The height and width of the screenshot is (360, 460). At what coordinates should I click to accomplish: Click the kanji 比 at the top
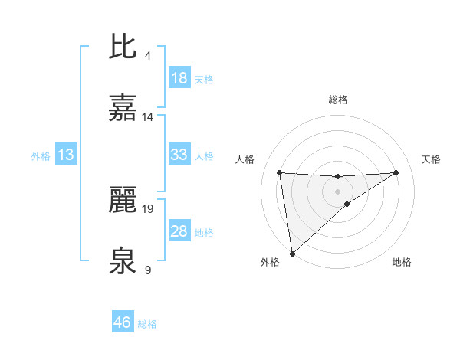(123, 47)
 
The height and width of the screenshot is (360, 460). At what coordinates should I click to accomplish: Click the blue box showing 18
(179, 78)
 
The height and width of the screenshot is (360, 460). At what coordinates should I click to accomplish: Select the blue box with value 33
(179, 155)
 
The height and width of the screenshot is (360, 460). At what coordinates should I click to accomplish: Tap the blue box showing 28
(179, 231)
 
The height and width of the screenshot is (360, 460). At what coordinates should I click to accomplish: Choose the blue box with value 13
(66, 155)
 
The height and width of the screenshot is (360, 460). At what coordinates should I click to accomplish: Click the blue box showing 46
(123, 323)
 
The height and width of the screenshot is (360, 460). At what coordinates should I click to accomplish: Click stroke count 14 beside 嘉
(148, 116)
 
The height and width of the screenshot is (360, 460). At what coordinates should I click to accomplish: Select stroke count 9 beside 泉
(147, 270)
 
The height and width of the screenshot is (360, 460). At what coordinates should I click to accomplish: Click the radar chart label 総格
(338, 100)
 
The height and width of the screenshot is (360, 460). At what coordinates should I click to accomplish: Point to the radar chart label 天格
(432, 159)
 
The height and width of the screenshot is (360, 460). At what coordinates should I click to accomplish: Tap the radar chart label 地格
(402, 263)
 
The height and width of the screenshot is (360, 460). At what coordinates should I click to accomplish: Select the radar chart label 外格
(270, 263)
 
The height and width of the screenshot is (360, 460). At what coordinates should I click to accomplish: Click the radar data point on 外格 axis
(292, 253)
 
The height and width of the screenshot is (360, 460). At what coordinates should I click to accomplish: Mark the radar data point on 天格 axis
(396, 172)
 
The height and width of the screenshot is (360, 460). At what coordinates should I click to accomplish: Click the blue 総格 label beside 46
(147, 324)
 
